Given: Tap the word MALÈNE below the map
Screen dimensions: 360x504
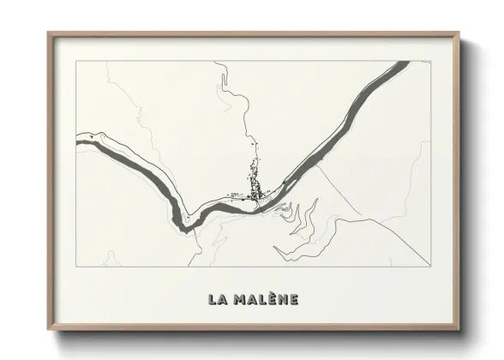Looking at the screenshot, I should [265, 299].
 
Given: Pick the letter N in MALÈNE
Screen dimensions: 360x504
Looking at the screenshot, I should [281, 299].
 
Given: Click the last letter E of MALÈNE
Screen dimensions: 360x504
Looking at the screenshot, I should [293, 299].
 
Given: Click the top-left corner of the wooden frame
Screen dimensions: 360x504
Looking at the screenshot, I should [48, 33].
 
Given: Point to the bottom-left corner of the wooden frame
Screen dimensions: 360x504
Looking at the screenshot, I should [48, 329].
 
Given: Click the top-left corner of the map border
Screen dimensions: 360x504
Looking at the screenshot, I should [76, 61].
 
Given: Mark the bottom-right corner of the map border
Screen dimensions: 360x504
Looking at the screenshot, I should [430, 266].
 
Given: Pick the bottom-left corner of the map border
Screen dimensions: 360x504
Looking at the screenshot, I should [76, 266].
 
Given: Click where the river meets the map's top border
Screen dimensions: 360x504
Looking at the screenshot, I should [402, 62].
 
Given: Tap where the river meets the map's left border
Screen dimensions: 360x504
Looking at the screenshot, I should [77, 138].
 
